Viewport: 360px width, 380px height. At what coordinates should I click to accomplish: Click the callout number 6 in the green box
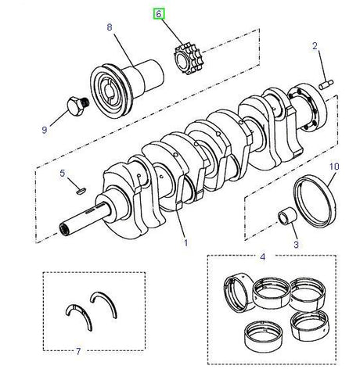click(159, 14)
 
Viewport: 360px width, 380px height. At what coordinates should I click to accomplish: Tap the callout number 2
click(315, 46)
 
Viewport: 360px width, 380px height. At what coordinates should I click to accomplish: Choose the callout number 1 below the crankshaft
click(185, 242)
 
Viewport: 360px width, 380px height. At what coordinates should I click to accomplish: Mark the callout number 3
click(295, 246)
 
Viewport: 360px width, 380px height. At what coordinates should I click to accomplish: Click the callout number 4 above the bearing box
click(262, 256)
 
